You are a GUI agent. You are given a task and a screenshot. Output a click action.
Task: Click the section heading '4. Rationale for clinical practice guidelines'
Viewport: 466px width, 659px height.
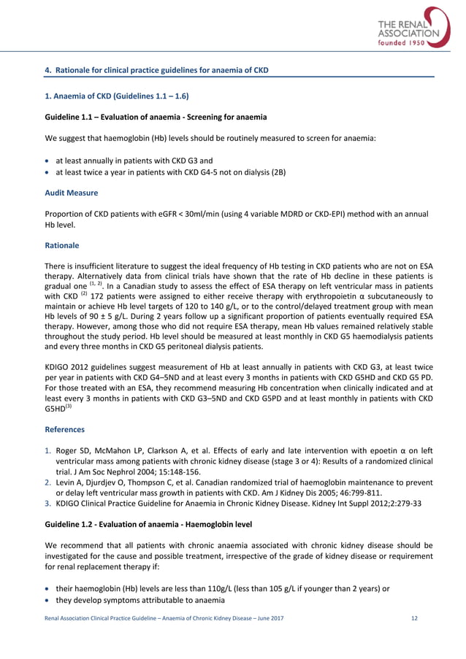(x=157, y=70)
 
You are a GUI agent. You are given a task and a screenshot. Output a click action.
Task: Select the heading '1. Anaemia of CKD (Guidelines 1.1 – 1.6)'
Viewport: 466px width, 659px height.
(x=116, y=96)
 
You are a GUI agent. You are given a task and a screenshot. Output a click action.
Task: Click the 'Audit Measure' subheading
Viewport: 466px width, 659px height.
(x=72, y=193)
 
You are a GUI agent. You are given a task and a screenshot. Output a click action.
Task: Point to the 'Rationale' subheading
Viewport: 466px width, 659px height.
(x=62, y=247)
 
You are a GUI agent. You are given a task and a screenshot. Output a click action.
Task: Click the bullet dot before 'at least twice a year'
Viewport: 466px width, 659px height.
(x=48, y=173)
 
